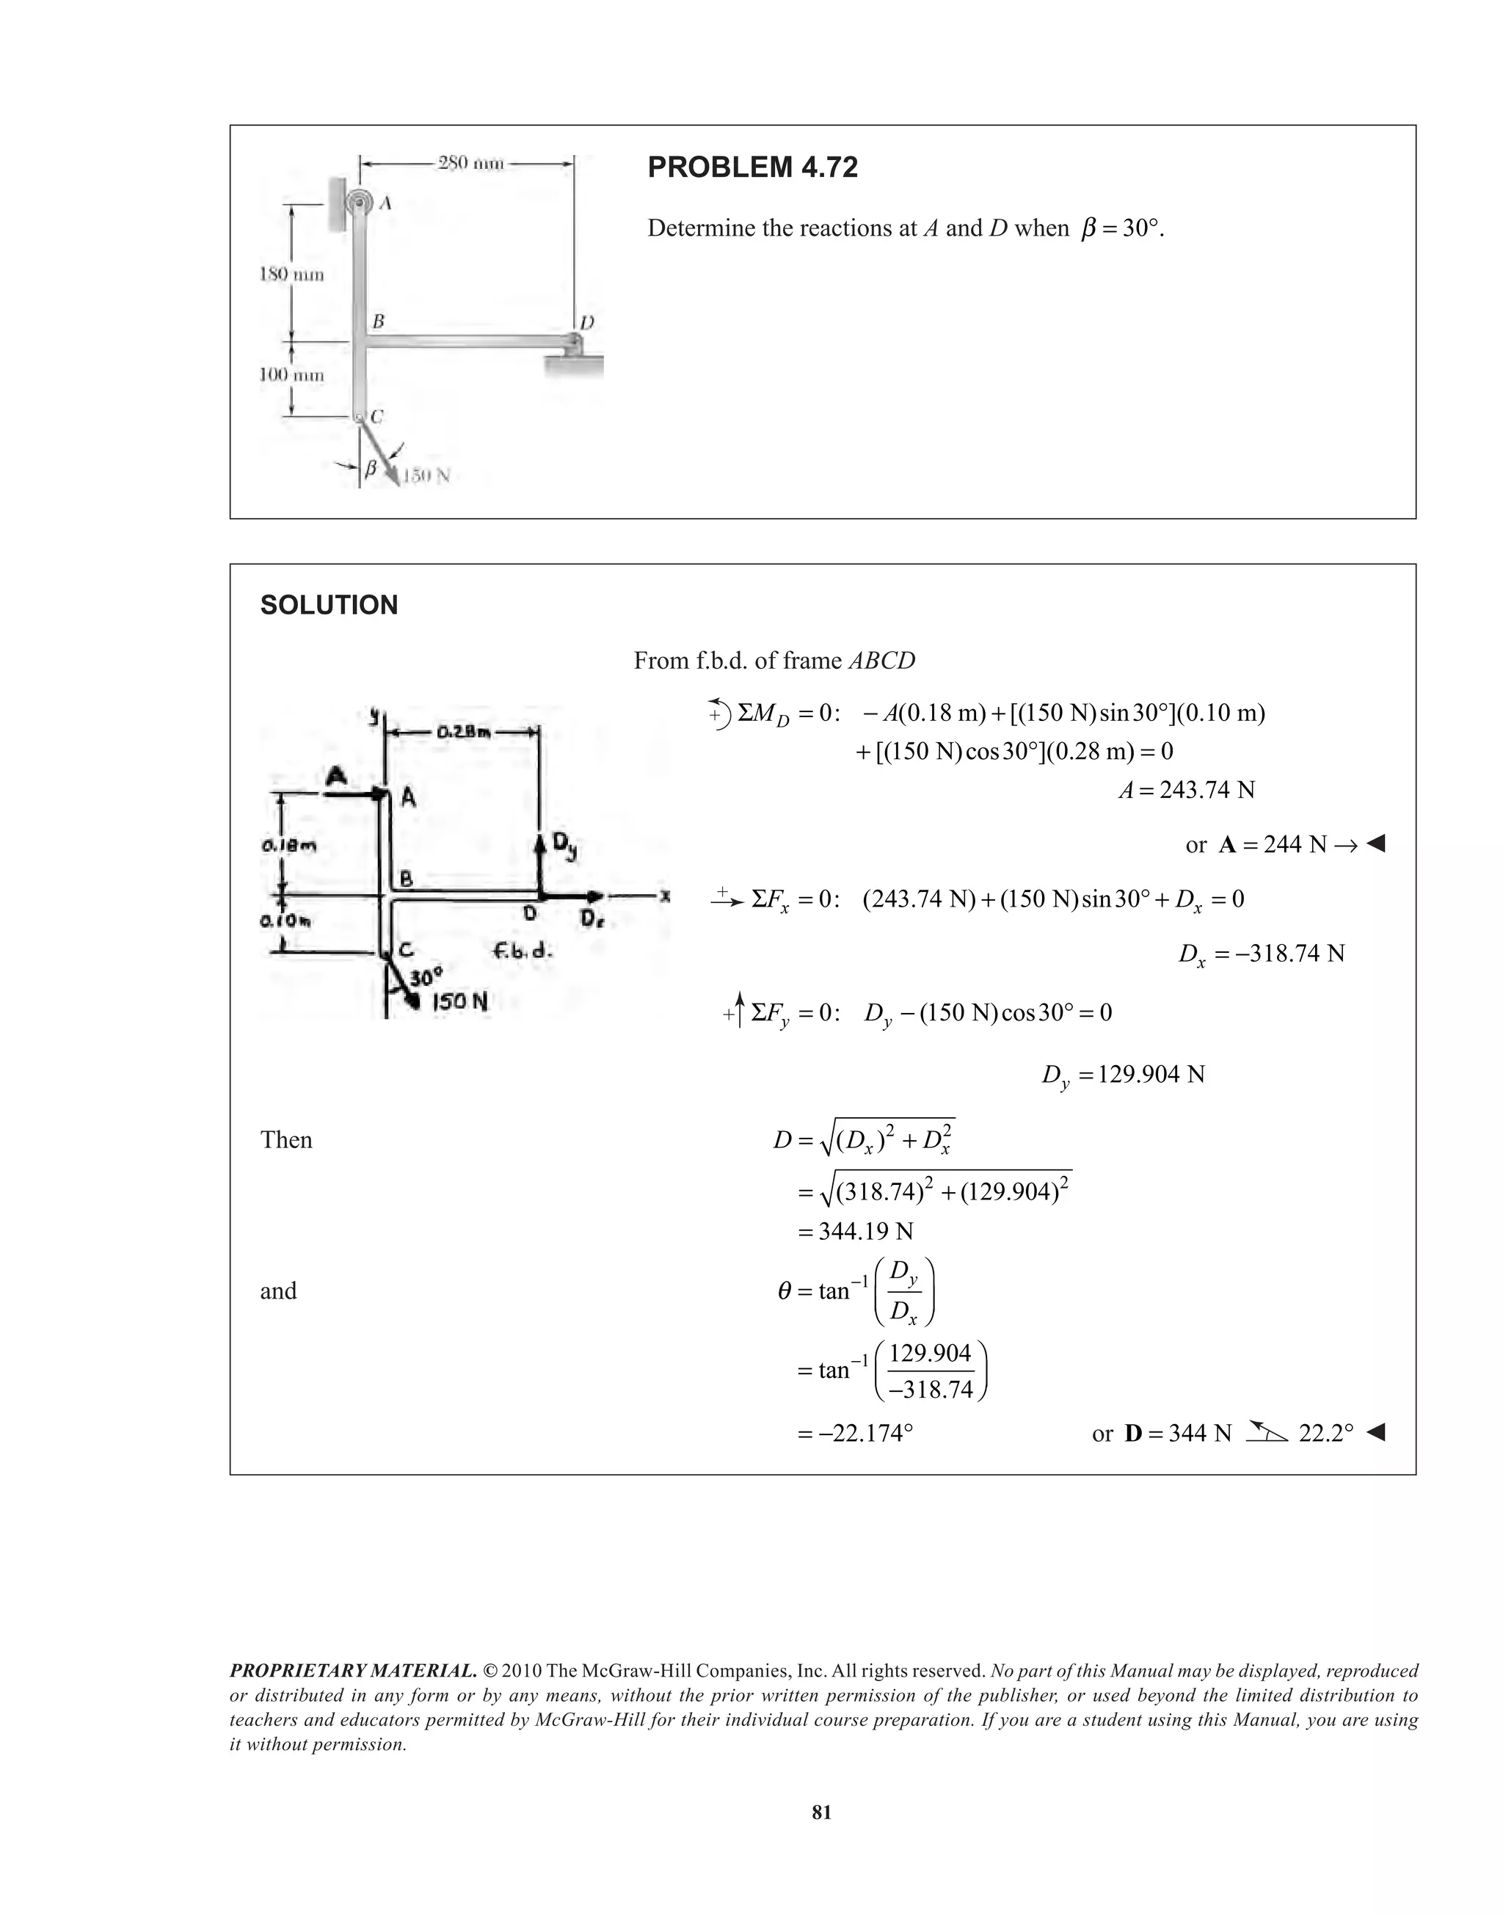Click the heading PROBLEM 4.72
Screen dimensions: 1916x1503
pyautogui.click(x=752, y=167)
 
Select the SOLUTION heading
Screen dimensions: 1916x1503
pyautogui.click(x=329, y=606)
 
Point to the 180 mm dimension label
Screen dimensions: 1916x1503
pyautogui.click(x=291, y=275)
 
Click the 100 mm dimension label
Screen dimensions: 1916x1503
pyautogui.click(x=291, y=375)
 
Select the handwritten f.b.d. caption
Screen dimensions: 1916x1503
pyautogui.click(x=523, y=952)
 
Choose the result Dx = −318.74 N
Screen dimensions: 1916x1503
pyautogui.click(x=1261, y=954)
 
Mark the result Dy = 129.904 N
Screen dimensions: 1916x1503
pyautogui.click(x=1123, y=1075)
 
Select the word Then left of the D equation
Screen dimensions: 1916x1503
pyautogui.click(x=286, y=1141)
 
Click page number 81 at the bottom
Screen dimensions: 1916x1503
pyautogui.click(x=821, y=1812)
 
